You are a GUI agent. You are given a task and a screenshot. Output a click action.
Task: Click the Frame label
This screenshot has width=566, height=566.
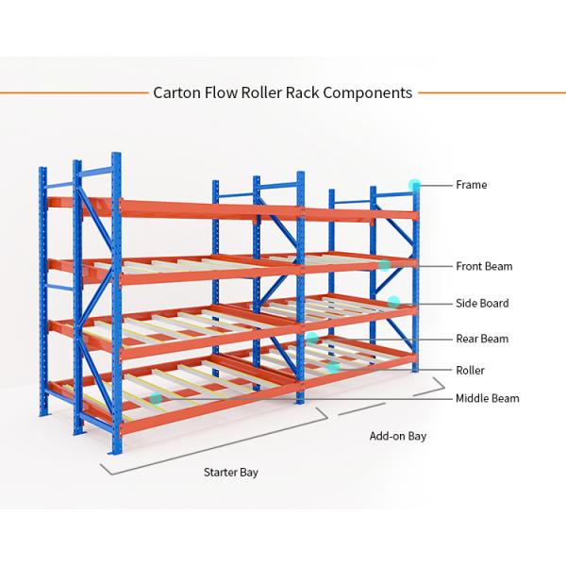[471, 185]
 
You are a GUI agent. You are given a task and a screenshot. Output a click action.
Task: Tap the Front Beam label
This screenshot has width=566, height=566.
[484, 266]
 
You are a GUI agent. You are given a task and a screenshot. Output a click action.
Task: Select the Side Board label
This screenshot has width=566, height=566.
[482, 303]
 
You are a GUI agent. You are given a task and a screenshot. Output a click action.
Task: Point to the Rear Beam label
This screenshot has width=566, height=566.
[482, 339]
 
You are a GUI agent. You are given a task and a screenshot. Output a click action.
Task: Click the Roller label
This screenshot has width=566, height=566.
[470, 371]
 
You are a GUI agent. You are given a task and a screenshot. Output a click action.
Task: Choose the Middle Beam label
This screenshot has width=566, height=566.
[487, 398]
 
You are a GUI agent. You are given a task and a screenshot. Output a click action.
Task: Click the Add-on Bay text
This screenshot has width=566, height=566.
[397, 437]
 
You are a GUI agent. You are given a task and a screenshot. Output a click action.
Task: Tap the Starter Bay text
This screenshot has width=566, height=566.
[231, 472]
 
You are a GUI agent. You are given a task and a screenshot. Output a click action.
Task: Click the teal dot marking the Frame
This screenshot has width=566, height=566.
[414, 185]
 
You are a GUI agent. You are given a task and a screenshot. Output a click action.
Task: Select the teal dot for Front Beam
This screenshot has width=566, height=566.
[385, 266]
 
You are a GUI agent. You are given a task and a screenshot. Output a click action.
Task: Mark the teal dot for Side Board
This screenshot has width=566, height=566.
[394, 302]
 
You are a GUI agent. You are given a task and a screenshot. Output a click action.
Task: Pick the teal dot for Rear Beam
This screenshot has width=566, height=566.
[312, 338]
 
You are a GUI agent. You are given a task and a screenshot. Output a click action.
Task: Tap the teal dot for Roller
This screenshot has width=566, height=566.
[334, 369]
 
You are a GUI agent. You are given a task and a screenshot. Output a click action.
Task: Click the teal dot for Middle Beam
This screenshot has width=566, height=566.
[156, 398]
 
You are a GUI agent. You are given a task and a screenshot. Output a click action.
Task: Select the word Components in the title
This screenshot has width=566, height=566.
[366, 92]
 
